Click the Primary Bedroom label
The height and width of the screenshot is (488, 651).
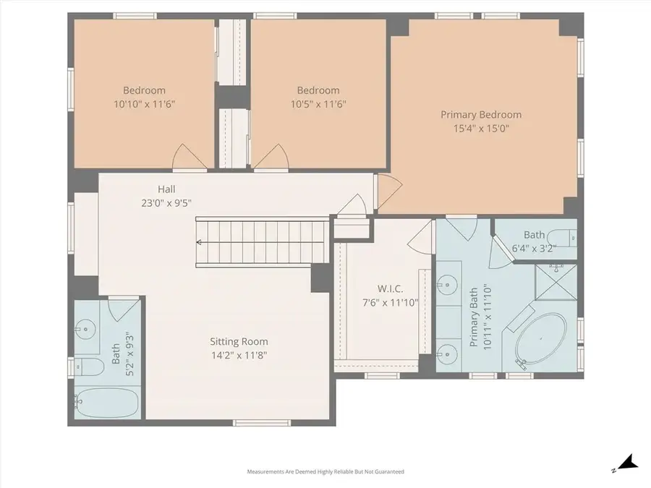coord(481,114)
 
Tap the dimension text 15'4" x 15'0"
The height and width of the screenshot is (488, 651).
coord(481,129)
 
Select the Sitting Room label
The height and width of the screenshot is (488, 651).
coord(239,341)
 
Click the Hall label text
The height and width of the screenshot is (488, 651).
coord(167,189)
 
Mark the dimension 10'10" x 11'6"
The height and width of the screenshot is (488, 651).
coord(145,104)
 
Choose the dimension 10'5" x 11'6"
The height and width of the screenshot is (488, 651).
coord(318,104)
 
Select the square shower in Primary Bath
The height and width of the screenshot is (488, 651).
coord(556,283)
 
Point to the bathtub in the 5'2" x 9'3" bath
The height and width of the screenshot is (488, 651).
coord(103,401)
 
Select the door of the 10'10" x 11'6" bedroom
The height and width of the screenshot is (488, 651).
coord(184,156)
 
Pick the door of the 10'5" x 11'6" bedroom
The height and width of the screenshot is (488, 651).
coord(276,156)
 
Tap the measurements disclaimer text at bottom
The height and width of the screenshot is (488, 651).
coord(325,471)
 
